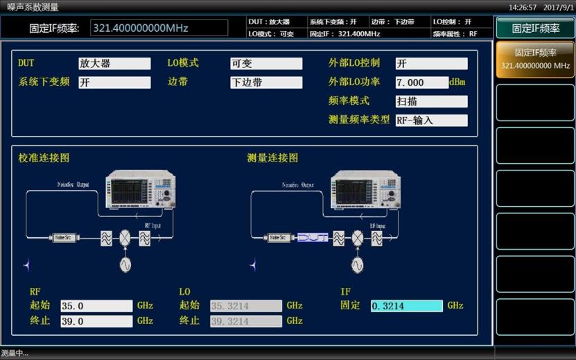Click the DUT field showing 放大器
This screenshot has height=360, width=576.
(x=114, y=64)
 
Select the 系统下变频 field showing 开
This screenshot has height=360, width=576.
(x=114, y=83)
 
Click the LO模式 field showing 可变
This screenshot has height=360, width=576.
(x=265, y=64)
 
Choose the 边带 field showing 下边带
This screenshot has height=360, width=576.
(x=265, y=83)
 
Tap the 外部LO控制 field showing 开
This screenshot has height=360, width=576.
(x=430, y=64)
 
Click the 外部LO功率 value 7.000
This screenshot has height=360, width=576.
(x=421, y=83)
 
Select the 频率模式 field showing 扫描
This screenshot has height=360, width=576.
(x=430, y=101)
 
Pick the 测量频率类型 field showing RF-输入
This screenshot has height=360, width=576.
(x=430, y=120)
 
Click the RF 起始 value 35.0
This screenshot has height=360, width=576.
(x=96, y=306)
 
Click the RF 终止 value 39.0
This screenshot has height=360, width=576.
(x=96, y=321)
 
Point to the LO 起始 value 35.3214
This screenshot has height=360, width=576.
(x=245, y=306)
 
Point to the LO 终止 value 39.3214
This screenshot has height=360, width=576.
(x=245, y=321)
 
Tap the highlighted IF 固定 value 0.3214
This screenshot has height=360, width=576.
(x=406, y=306)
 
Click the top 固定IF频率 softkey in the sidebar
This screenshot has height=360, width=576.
(x=535, y=28)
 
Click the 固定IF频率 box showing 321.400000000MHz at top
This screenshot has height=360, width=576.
(x=159, y=28)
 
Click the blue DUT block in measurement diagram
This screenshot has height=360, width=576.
(x=313, y=238)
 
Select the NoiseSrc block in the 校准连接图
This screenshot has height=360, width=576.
(x=64, y=238)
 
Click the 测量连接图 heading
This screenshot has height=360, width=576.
(x=272, y=158)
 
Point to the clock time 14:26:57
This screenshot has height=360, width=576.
(x=523, y=7)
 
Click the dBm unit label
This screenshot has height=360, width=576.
(x=457, y=83)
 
